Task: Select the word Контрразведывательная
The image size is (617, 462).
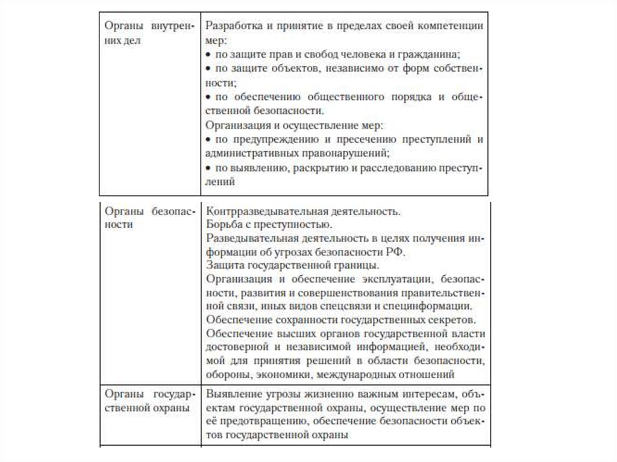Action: click(x=260, y=213)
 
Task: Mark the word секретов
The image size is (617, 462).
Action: click(x=454, y=320)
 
